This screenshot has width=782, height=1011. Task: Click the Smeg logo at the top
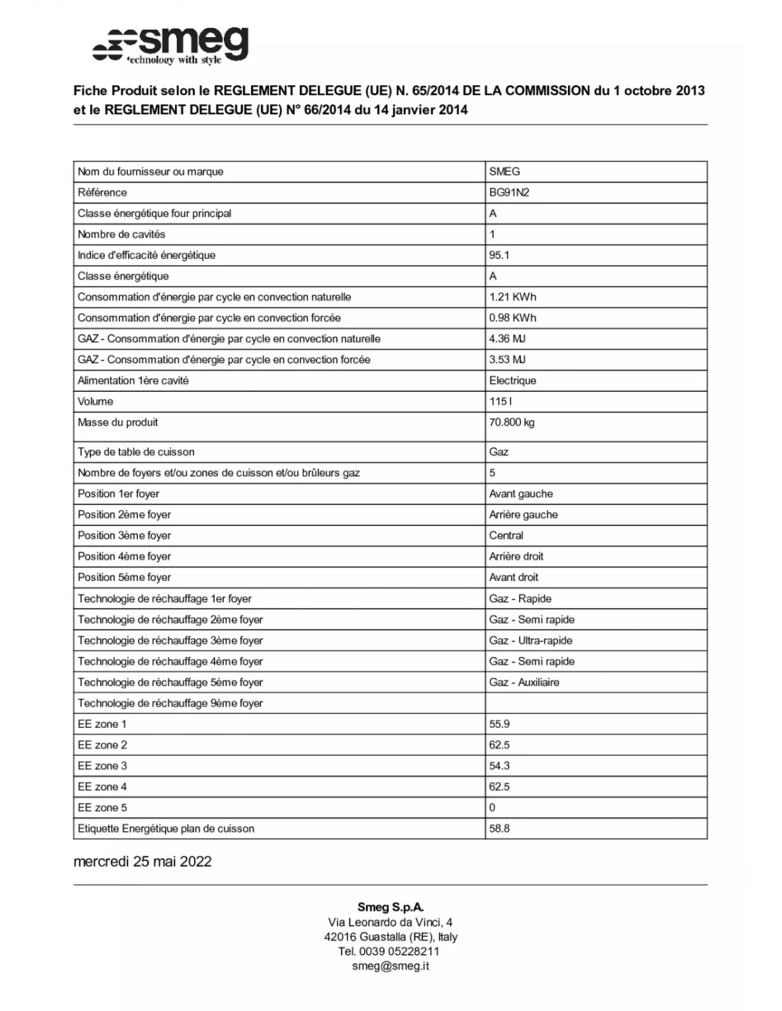[171, 46]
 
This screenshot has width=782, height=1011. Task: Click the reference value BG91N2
[509, 193]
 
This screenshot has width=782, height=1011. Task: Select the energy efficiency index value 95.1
[499, 255]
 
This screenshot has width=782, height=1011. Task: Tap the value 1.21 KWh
[513, 297]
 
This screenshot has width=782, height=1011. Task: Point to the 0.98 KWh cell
[513, 318]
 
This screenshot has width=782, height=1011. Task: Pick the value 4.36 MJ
[508, 339]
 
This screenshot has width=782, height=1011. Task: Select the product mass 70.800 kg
[512, 422]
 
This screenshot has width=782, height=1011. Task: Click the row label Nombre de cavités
[122, 235]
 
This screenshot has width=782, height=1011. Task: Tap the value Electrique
[513, 381]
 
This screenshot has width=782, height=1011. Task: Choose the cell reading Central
[506, 535]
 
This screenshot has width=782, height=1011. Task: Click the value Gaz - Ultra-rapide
[530, 641]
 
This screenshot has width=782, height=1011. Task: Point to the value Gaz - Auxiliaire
[524, 683]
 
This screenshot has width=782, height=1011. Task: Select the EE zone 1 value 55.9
[499, 724]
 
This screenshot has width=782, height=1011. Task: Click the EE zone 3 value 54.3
[499, 766]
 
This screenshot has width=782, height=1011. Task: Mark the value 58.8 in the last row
[499, 829]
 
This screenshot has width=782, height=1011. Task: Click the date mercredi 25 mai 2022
[143, 862]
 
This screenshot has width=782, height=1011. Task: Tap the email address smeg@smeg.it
[390, 966]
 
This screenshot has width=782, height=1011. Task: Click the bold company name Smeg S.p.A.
[390, 907]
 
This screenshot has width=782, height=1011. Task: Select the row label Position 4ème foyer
[124, 557]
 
